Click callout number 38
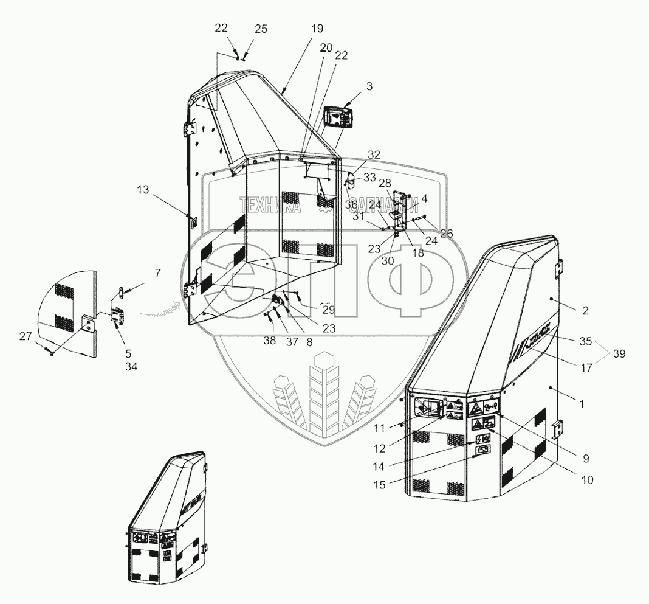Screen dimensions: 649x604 [x=269, y=342]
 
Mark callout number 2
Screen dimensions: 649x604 [x=585, y=311]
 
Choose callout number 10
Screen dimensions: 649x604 [x=586, y=480]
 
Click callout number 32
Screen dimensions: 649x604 [x=374, y=155]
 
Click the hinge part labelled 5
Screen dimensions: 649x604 [x=117, y=316]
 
